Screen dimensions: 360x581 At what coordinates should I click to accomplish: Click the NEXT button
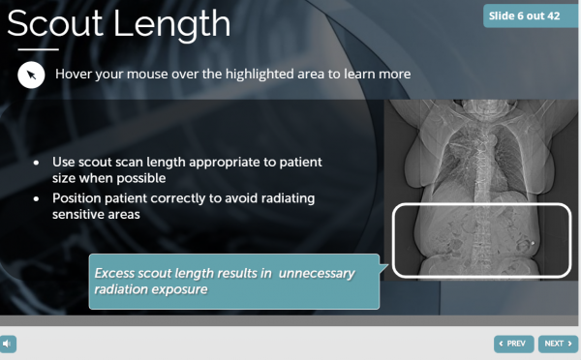pos(558,343)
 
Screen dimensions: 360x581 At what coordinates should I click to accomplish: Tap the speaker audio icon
pos(8,343)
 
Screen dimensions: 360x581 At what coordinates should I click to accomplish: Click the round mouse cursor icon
pos(31,75)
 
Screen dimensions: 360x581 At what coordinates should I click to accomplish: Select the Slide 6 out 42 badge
pos(530,15)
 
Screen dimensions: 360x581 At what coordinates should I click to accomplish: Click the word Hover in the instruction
pos(76,74)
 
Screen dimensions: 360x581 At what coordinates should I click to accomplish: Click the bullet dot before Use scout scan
pos(36,162)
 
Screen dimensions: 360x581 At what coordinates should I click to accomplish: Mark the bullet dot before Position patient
pos(36,198)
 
